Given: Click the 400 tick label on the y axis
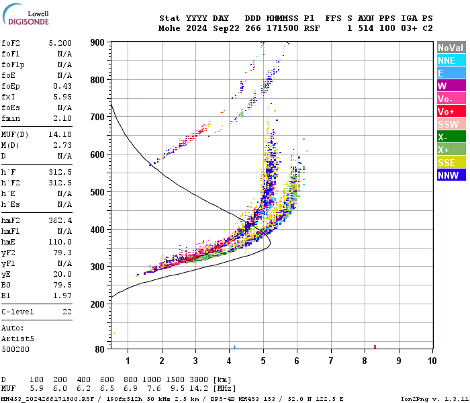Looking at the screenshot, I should (x=98, y=230).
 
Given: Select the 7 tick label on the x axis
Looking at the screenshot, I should (x=330, y=361).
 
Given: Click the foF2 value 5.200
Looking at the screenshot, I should (x=60, y=42).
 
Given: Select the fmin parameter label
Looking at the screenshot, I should (x=11, y=118).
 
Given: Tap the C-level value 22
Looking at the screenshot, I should (x=66, y=312).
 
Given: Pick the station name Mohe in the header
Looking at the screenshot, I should (x=169, y=28).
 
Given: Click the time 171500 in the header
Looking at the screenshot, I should (x=282, y=28).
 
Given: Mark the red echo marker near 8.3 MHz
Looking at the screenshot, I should (x=375, y=347).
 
